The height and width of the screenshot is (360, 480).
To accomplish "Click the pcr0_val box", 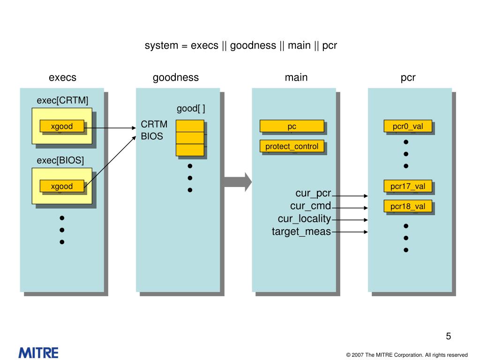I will point(408,126).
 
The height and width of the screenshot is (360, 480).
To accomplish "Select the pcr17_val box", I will point(408,186).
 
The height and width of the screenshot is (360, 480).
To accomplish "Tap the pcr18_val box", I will point(408,206).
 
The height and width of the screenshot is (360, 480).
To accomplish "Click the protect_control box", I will point(292,146).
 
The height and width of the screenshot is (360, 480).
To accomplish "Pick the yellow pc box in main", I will point(292,126).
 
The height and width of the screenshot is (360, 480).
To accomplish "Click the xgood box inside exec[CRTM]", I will point(62,126).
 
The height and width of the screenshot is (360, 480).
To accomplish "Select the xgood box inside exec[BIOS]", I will point(62,186).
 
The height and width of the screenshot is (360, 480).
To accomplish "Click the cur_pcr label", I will point(313,194).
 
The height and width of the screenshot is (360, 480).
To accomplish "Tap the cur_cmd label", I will point(310,206).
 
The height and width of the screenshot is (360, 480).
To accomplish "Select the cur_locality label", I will point(304,219).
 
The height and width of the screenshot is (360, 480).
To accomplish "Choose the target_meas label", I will point(301,232).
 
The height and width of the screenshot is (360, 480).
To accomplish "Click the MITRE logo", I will point(38,352).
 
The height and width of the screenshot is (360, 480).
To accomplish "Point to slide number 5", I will point(448,337).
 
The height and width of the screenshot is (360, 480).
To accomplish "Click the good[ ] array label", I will point(191,109).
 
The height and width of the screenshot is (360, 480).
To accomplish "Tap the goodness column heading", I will point(176,78).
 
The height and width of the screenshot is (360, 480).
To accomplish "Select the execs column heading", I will point(62,78).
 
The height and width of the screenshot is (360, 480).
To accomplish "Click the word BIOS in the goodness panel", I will point(152,137).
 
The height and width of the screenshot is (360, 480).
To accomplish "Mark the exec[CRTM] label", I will point(62,101).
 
